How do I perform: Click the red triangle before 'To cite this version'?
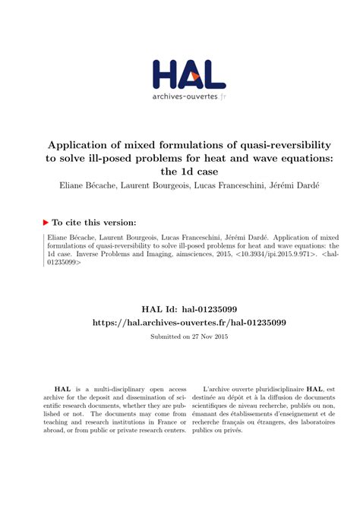46,222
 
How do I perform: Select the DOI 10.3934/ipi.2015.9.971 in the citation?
259,258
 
